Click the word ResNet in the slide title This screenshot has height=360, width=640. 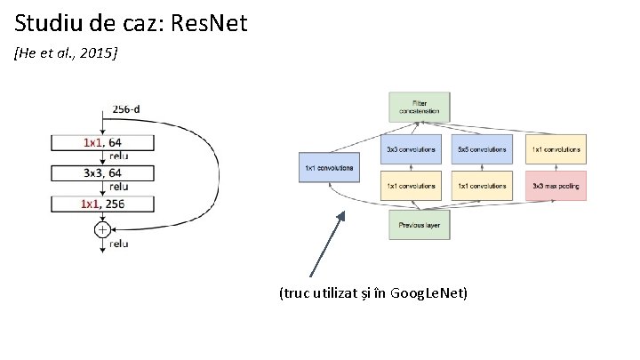click(x=205, y=22)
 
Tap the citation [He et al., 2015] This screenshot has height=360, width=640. click(x=65, y=54)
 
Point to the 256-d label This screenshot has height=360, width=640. click(x=126, y=110)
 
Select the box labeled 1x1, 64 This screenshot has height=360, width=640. click(x=103, y=142)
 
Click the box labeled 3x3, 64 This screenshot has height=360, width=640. click(x=103, y=173)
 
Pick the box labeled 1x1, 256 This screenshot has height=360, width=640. click(x=103, y=204)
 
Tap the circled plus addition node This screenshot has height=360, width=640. click(x=102, y=229)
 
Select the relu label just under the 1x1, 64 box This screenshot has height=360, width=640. click(x=119, y=156)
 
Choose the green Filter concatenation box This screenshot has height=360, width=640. click(x=420, y=108)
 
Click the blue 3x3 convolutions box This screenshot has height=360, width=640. click(x=409, y=149)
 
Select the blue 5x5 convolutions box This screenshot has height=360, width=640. click(x=481, y=149)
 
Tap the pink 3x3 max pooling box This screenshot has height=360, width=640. click(x=556, y=187)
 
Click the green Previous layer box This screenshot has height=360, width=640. click(x=420, y=226)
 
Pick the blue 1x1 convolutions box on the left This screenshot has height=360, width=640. click(x=329, y=167)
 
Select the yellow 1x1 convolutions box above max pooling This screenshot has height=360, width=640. click(x=556, y=149)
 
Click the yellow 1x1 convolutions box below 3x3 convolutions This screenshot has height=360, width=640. click(x=409, y=187)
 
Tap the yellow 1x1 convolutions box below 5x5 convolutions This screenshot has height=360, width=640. click(x=481, y=187)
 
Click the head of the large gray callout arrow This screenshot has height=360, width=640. click(x=342, y=214)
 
